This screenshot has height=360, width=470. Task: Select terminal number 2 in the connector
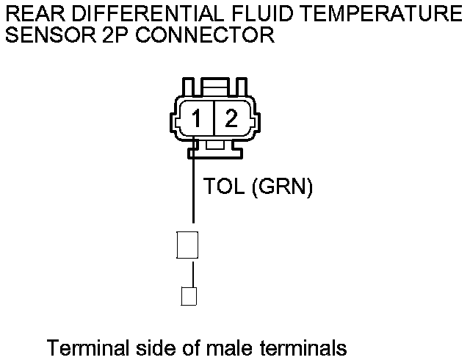tap(231, 118)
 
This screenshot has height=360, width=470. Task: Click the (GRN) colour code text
tap(283, 188)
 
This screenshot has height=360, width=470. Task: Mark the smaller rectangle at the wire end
tap(189, 296)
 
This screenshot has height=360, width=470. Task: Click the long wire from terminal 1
tap(193, 191)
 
